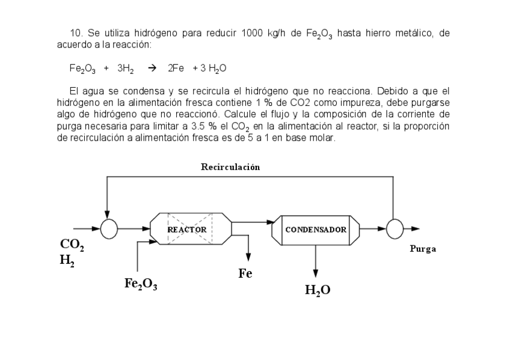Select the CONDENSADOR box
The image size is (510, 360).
click(x=316, y=230)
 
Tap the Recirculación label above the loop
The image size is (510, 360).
click(x=230, y=167)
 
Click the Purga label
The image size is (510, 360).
click(x=422, y=249)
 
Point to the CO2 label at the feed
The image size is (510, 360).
click(x=72, y=246)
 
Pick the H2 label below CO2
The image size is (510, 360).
click(x=67, y=260)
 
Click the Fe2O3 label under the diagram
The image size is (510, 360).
click(x=141, y=284)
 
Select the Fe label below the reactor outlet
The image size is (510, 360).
click(x=245, y=274)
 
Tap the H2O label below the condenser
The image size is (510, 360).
click(x=318, y=290)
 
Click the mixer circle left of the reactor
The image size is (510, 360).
click(x=109, y=229)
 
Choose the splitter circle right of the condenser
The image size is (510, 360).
click(x=395, y=229)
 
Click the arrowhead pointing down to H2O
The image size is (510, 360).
click(x=316, y=273)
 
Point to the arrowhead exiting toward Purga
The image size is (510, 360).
click(x=415, y=229)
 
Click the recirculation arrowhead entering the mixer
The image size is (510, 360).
click(x=107, y=216)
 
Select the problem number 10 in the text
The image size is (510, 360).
click(x=76, y=32)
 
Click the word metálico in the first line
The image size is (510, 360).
click(x=411, y=32)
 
